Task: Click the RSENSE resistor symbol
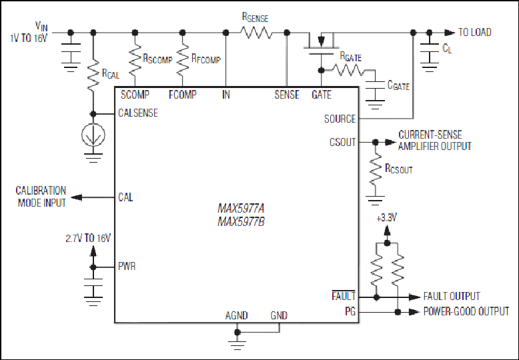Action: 256,33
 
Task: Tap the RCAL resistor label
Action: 111,74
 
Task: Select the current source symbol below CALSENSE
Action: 93,135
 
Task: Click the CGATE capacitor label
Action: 398,85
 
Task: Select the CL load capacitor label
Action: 447,48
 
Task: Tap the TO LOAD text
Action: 475,32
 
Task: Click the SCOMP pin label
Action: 135,95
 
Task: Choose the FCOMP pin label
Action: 183,95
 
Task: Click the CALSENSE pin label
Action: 138,113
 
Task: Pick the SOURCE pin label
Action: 340,119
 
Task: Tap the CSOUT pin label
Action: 343,142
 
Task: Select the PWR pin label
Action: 127,267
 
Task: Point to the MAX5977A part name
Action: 241,209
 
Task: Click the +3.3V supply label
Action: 387,218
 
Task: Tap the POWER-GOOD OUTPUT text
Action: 466,311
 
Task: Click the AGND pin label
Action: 237,315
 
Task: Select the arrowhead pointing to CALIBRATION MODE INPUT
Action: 77,197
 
